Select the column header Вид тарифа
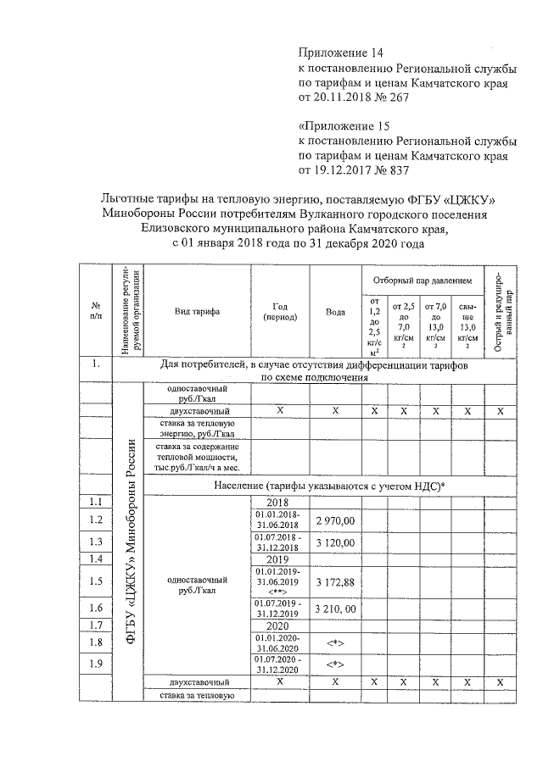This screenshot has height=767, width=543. point(197,311)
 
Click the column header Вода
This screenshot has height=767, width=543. point(335,311)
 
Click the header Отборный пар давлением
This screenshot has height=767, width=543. point(420,279)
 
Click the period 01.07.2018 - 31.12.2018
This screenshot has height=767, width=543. point(279,542)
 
